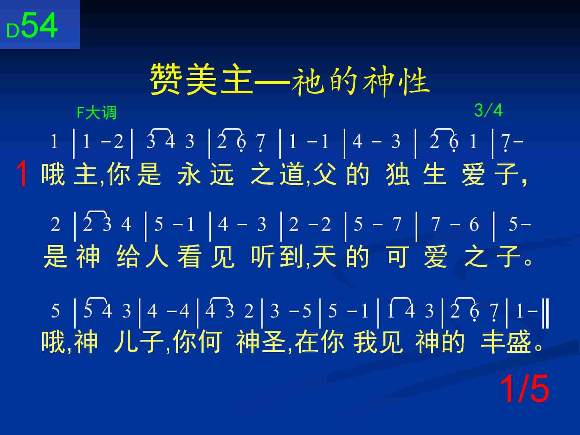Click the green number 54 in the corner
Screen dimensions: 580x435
[x=39, y=26]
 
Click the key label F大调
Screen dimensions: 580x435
[x=97, y=113]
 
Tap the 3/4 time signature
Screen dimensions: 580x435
[x=488, y=110]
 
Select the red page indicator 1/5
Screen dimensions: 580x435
[x=524, y=388]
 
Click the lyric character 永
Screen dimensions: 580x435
[x=189, y=174]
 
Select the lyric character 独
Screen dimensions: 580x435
[x=398, y=174]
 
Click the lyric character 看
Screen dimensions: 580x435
[x=189, y=256]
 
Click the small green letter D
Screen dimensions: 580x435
[x=13, y=31]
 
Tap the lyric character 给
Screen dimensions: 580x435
[x=128, y=256]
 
